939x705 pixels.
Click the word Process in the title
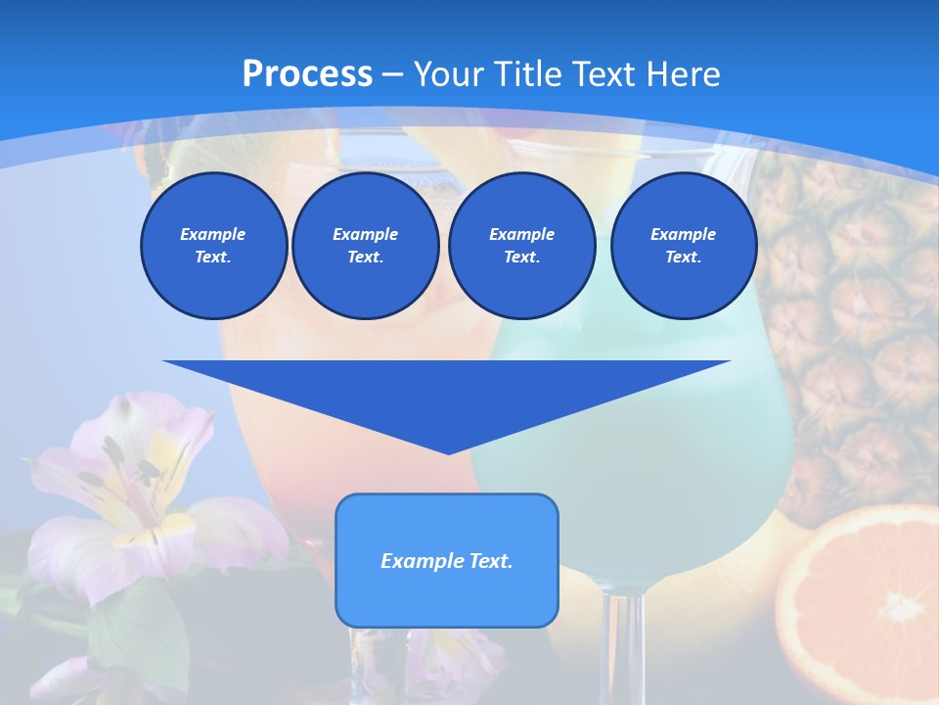tap(307, 73)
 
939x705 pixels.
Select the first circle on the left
tap(214, 246)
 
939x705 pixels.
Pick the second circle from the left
tap(366, 246)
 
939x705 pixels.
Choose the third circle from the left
tap(522, 246)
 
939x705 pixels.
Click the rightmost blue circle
tap(684, 246)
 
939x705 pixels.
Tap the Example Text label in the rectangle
tap(447, 561)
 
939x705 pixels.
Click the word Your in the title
tap(449, 73)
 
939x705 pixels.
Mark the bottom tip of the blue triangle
tap(448, 451)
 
